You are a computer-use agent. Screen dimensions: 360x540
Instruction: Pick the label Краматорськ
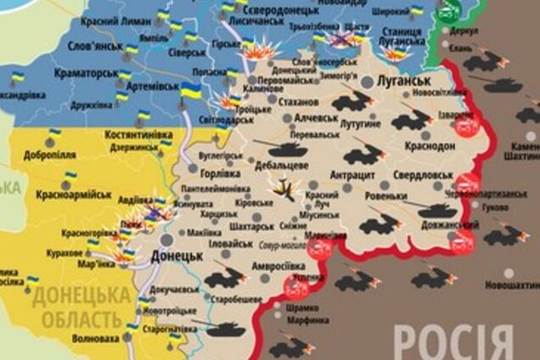pos(85,74)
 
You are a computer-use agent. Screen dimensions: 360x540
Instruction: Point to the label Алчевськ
pos(315,118)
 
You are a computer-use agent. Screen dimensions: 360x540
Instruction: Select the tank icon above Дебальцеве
pos(279,148)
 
